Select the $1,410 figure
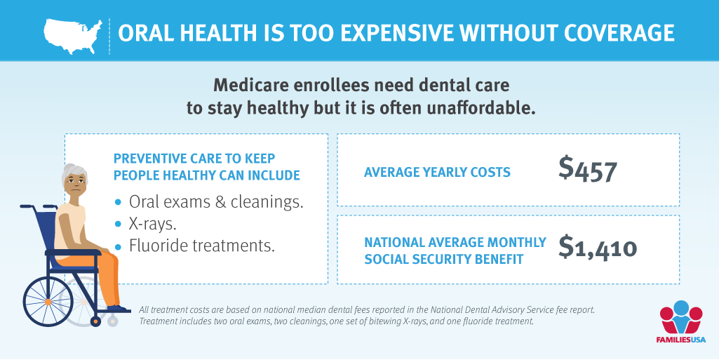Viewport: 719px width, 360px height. pyautogui.click(x=598, y=248)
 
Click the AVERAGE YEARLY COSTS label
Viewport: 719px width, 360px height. pyautogui.click(x=437, y=172)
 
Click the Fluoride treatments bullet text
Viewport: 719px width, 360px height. pyautogui.click(x=201, y=246)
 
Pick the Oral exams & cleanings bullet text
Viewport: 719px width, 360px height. pyautogui.click(x=216, y=203)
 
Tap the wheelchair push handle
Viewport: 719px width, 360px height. pyautogui.click(x=27, y=207)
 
